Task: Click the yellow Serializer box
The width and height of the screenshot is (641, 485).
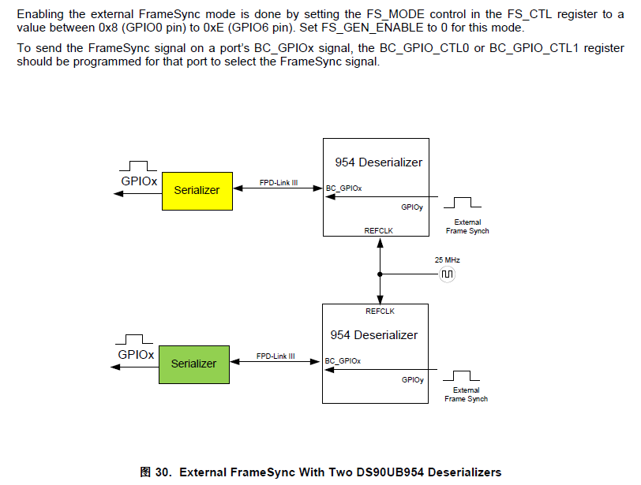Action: click(197, 190)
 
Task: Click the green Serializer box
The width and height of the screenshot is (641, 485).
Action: click(193, 364)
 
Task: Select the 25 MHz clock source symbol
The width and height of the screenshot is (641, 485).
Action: click(448, 274)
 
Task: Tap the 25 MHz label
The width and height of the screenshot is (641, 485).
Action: click(447, 259)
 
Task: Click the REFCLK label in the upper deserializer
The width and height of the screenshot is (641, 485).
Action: click(378, 230)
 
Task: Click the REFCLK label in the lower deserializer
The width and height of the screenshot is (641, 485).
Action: click(380, 311)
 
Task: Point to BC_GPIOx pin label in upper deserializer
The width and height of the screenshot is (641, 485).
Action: click(344, 188)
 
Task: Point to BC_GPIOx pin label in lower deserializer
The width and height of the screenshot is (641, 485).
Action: click(343, 361)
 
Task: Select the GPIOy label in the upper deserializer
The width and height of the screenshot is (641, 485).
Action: click(412, 207)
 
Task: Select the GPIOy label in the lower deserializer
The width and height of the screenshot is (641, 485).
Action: click(412, 379)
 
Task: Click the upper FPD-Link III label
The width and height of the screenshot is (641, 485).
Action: click(278, 182)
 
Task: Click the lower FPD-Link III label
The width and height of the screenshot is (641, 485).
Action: click(276, 356)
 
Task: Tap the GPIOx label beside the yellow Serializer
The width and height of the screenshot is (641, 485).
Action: click(139, 181)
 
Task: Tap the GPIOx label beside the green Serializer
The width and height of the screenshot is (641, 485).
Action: click(136, 355)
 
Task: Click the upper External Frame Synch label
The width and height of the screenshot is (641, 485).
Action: click(467, 226)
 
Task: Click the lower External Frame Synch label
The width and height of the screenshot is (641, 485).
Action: click(466, 394)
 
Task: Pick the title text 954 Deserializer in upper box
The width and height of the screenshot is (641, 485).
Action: click(378, 162)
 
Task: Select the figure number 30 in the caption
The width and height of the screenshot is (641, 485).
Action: click(163, 472)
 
